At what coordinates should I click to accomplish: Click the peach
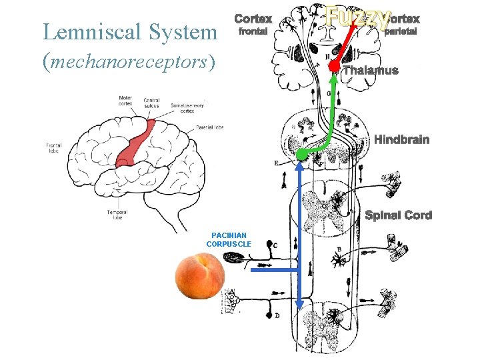[x=200, y=276]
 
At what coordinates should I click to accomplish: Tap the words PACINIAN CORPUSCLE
[x=229, y=239]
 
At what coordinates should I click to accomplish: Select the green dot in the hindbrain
[x=301, y=155]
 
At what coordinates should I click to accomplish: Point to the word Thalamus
[x=370, y=71]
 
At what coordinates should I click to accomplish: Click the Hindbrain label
[x=401, y=140]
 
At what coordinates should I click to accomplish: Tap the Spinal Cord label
[x=398, y=215]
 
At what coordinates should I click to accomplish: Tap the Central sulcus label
[x=151, y=103]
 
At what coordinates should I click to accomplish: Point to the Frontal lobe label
[x=54, y=147]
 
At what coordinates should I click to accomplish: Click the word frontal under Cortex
[x=253, y=31]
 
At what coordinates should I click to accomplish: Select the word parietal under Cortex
[x=401, y=31]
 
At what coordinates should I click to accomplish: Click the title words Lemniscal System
[x=129, y=32]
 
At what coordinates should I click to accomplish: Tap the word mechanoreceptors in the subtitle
[x=129, y=62]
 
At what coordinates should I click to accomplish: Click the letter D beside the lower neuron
[x=277, y=315]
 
